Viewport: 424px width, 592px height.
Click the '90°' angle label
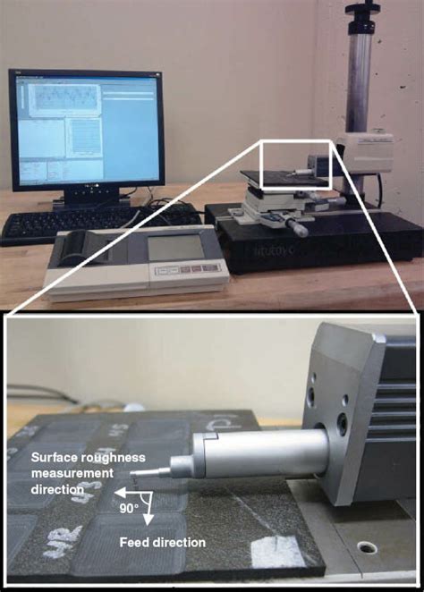[x=130, y=508]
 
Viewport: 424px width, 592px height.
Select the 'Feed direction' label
[x=163, y=542]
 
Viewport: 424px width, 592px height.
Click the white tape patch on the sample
[x=277, y=546]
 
